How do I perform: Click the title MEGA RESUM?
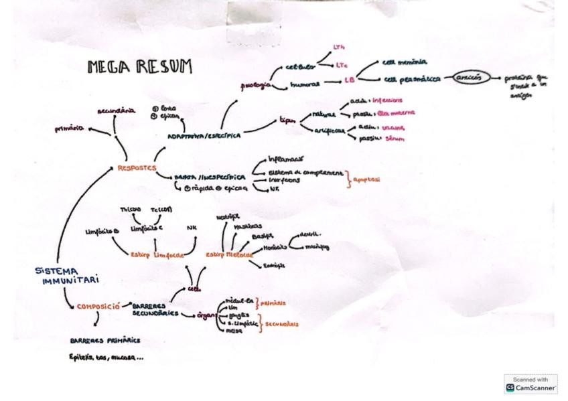[140, 66]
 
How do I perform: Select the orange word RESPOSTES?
[137, 167]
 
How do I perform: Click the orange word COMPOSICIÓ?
[98, 307]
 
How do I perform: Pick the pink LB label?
[349, 80]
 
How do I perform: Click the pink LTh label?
[339, 46]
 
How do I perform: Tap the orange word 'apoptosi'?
[367, 180]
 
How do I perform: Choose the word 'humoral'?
[306, 85]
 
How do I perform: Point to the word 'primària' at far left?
[70, 129]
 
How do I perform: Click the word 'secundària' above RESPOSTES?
[117, 110]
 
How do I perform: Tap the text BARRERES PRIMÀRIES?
[105, 340]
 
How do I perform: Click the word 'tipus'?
[288, 123]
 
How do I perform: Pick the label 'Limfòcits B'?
[102, 231]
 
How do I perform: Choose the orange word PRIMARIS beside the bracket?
[273, 303]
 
